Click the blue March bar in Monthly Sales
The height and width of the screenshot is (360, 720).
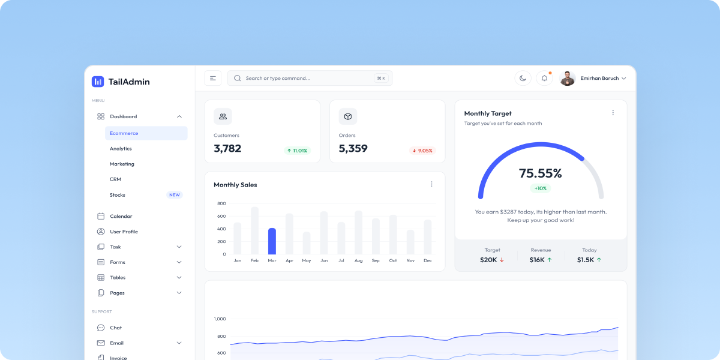coord(272,241)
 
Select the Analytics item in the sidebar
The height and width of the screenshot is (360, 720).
coord(121,149)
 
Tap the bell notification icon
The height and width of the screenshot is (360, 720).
coord(544,78)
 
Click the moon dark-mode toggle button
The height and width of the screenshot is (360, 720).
coord(523,78)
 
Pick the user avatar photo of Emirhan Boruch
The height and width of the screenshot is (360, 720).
coord(568,78)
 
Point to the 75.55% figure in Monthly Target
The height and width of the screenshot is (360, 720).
coord(540,173)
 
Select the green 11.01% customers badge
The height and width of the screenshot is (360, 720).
coord(298,151)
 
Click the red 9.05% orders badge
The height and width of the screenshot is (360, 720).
coord(422,151)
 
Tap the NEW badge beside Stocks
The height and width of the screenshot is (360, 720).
coord(174,195)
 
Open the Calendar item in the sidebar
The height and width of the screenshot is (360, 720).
coord(121,216)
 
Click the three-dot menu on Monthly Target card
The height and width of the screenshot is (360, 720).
coord(613,113)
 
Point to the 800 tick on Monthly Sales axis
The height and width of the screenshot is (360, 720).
coord(221,203)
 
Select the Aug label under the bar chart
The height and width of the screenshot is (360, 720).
coord(358,260)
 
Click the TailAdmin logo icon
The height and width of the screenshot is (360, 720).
coord(98,82)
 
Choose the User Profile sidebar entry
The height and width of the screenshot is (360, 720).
coord(124,232)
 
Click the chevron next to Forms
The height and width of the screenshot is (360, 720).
coord(179,262)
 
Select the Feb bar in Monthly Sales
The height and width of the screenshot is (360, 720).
coord(254,230)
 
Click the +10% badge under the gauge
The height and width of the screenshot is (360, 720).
coord(541,188)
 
